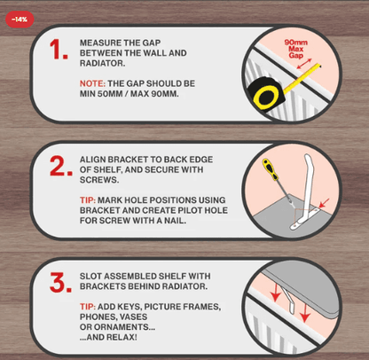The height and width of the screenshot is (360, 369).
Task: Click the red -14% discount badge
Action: (20, 20)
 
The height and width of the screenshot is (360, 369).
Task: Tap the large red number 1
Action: (59, 50)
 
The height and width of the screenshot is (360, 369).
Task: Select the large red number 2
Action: (61, 166)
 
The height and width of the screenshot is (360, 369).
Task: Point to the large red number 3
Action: (60, 283)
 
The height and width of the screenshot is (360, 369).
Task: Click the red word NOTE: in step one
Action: (92, 83)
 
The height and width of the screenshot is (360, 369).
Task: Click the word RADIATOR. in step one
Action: (102, 63)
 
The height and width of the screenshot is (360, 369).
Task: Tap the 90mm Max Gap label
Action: (295, 49)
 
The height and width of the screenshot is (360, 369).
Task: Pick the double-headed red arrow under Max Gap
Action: (304, 64)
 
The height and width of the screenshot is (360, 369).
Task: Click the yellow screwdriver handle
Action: (270, 169)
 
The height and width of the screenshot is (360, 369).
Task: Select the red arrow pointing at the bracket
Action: (324, 203)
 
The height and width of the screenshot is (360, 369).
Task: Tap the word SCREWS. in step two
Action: (99, 180)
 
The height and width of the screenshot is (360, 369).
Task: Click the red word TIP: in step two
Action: (88, 200)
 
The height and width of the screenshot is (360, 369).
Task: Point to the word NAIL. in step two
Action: (176, 221)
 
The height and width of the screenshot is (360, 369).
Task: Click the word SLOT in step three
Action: (90, 276)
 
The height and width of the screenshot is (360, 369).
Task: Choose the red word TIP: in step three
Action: (88, 307)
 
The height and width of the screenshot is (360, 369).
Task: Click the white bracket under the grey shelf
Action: (288, 301)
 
